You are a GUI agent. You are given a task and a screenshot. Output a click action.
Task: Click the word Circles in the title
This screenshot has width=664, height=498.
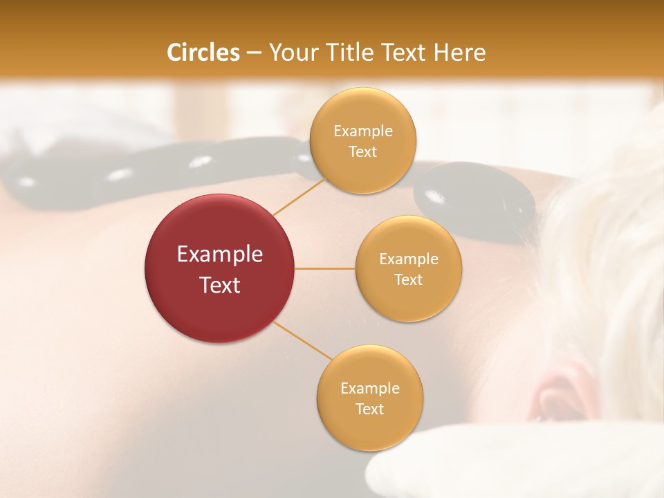click(203, 53)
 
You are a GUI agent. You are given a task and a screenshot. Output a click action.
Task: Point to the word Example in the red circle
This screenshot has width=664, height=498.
click(220, 255)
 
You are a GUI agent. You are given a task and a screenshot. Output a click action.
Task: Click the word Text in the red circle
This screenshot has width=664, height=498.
click(220, 285)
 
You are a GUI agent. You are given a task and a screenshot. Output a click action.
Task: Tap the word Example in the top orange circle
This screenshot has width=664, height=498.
click(363, 131)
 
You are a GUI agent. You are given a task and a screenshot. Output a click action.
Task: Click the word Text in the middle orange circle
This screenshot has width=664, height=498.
click(408, 280)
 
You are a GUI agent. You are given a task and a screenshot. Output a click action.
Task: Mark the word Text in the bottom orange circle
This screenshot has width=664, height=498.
click(370, 409)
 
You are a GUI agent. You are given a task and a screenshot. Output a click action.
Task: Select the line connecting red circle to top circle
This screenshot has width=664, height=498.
click(299, 196)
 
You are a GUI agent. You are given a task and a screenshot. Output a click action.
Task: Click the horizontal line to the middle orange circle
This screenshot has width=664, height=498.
click(325, 268)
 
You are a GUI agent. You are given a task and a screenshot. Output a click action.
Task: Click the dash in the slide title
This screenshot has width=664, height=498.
click(254, 53)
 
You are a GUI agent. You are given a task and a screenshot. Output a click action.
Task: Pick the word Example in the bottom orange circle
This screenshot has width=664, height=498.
click(370, 389)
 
